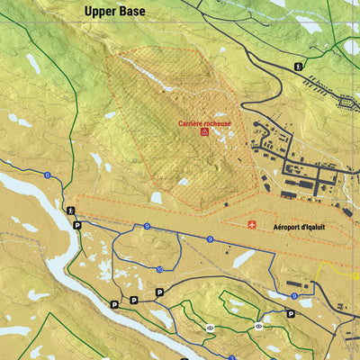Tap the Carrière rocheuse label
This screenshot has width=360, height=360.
(204, 123)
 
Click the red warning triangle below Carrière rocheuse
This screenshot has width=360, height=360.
(205, 132)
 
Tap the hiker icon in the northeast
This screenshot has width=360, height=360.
(299, 66)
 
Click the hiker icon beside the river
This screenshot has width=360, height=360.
(71, 211)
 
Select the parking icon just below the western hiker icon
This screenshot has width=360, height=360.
(76, 225)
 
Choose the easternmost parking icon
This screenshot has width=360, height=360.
(291, 313)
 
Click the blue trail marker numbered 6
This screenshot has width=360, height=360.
(46, 175)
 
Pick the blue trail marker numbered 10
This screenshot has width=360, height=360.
(159, 269)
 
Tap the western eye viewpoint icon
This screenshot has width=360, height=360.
(211, 328)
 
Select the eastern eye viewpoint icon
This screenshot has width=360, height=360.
(258, 326)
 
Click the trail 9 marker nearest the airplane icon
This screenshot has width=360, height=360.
(210, 239)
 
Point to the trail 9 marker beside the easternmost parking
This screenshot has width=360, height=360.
(293, 295)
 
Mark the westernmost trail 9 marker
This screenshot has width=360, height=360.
(146, 226)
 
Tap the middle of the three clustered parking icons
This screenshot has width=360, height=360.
(134, 300)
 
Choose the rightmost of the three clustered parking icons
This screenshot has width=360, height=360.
(159, 292)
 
